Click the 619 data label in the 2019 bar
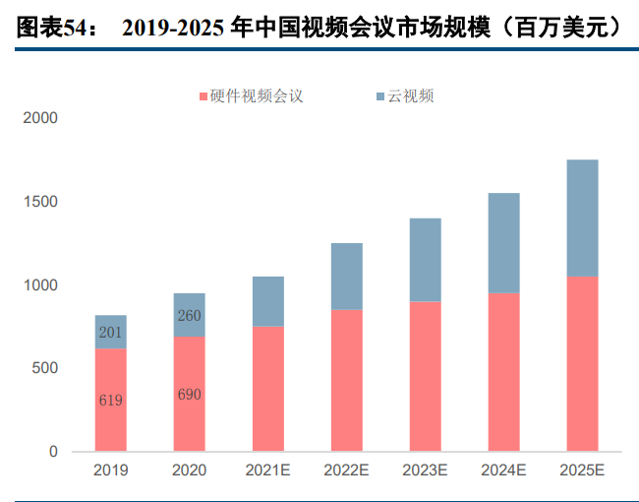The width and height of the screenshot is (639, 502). click(x=111, y=401)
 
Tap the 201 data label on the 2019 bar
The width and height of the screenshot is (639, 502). click(x=111, y=332)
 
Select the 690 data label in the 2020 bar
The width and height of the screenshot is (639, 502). click(x=189, y=394)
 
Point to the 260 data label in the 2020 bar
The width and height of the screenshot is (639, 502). click(x=189, y=316)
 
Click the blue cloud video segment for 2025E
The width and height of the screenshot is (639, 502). click(x=582, y=219)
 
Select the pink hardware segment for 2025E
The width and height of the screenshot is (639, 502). click(x=582, y=363)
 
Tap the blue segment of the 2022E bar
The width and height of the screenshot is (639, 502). click(x=346, y=277)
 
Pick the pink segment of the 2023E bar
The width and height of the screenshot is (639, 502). click(x=425, y=376)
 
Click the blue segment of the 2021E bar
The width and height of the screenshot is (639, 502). click(x=267, y=301)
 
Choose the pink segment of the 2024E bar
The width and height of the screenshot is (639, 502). click(x=503, y=371)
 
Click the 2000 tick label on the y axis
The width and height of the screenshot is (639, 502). click(x=40, y=118)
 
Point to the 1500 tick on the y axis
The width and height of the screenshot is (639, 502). click(x=40, y=202)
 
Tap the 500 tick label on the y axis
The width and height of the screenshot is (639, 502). click(x=45, y=368)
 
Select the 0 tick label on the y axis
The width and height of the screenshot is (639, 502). click(x=53, y=452)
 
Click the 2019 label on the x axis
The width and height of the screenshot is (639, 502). click(x=111, y=471)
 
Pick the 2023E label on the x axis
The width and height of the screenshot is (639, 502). click(x=425, y=471)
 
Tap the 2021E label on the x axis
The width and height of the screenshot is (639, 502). click(x=267, y=471)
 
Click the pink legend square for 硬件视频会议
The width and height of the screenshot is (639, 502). click(x=203, y=96)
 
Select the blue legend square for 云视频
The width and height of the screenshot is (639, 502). click(x=380, y=96)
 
